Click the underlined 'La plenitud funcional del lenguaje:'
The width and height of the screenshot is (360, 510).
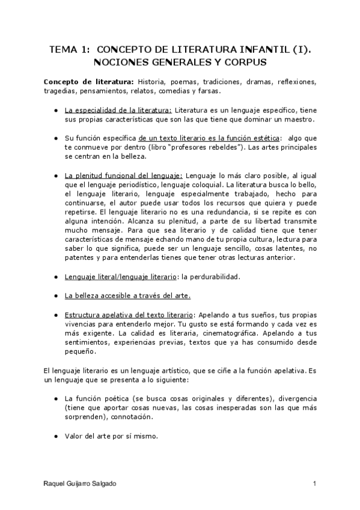tap(124, 176)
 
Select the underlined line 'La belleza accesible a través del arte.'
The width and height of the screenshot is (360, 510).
tap(128, 296)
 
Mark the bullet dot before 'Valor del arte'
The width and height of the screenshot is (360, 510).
tap(55, 437)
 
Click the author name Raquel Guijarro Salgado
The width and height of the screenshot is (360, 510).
tap(81, 484)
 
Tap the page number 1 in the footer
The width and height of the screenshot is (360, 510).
tap(314, 484)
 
